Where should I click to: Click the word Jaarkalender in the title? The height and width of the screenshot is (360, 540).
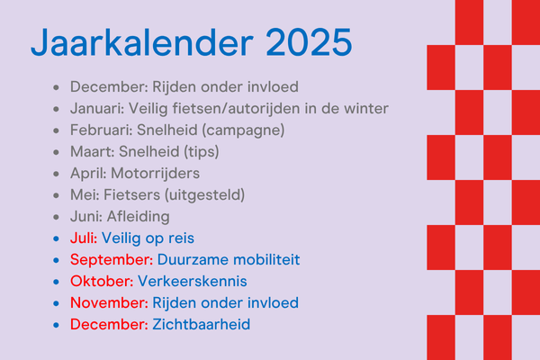click(142, 42)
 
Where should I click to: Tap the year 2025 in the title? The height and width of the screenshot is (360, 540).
click(309, 42)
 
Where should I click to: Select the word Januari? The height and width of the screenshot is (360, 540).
click(97, 109)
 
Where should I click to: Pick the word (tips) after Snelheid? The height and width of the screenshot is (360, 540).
click(201, 152)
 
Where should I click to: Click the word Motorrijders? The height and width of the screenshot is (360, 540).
click(156, 174)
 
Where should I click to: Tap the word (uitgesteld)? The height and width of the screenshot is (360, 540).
click(205, 195)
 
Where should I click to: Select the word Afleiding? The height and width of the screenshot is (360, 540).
click(138, 217)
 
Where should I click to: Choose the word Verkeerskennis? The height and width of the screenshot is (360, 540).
click(193, 282)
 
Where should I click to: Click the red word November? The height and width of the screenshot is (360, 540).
click(109, 303)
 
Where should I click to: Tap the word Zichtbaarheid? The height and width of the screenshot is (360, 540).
click(202, 325)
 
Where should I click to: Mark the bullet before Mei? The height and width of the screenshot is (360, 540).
click(57, 195)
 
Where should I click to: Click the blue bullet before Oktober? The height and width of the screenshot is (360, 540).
click(57, 282)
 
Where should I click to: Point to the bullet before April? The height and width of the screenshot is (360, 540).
click(57, 174)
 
